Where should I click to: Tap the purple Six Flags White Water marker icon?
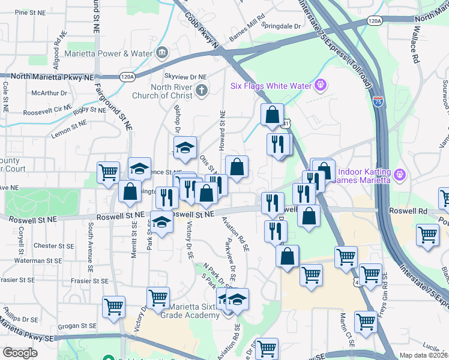[x=321, y=85]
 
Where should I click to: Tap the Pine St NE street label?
[x=30, y=12]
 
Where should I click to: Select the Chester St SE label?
[x=53, y=246]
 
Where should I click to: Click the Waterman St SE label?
[x=52, y=261]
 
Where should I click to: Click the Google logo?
[x=20, y=353]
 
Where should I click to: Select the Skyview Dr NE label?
[x=185, y=77]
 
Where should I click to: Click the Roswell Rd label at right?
[x=408, y=212]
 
